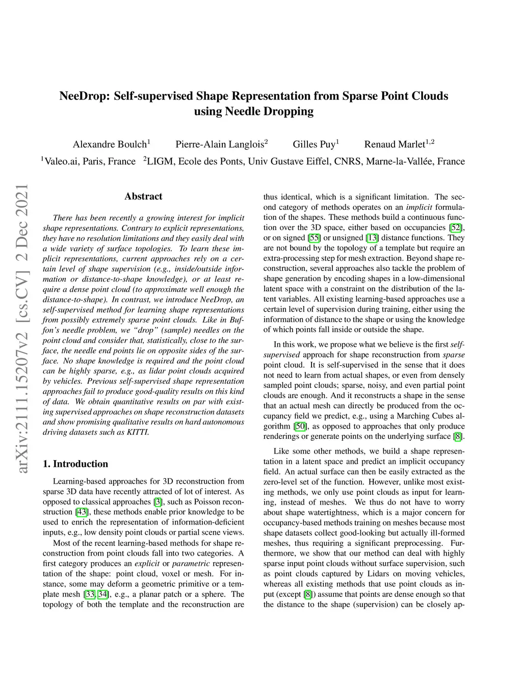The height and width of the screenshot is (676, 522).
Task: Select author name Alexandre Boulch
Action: (x=110, y=144)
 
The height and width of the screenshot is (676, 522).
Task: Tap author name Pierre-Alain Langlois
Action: (x=220, y=144)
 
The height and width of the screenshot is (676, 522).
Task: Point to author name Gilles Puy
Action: (x=314, y=144)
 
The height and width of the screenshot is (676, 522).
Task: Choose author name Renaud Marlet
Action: (x=395, y=144)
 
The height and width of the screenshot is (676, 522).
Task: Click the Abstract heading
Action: (x=143, y=196)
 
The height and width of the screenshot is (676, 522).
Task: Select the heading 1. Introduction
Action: (x=75, y=464)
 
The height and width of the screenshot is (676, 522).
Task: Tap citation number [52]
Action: (x=456, y=228)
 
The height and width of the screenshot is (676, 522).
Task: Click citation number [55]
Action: (x=315, y=238)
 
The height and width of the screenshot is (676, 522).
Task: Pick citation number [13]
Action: (x=373, y=238)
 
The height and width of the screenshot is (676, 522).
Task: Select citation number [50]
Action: (x=300, y=426)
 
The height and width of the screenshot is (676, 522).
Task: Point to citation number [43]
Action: (x=81, y=512)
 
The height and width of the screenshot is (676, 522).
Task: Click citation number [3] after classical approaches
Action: (x=158, y=502)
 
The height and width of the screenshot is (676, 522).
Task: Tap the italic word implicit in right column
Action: (x=419, y=207)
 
